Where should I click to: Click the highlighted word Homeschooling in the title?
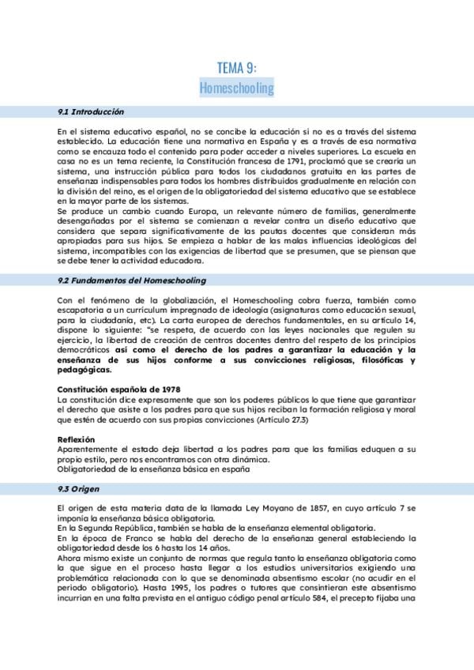pos(237,87)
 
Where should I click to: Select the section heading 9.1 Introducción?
pos(91,112)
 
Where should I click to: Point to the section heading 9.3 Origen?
pos(80,489)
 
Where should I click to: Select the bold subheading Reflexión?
pos(76,439)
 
